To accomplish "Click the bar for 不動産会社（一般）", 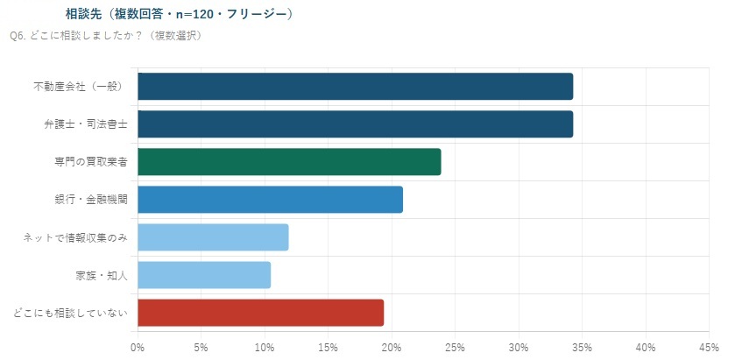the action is pos(356,86).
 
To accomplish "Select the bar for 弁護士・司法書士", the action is pos(356,124).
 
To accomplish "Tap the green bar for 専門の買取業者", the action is pos(289,162).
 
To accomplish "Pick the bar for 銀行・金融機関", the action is pos(271,200).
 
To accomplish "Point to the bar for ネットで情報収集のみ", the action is pos(213,237).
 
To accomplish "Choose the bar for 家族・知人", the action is pos(204,275).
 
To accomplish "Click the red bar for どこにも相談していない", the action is pos(261,313).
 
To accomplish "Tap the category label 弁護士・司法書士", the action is pos(84,124).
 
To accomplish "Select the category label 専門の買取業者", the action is pos(91,162).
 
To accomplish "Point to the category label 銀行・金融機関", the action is pos(91,200).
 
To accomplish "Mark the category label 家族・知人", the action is pos(102,275).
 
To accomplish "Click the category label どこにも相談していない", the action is pos(70,313).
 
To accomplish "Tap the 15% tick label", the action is pos(329,348).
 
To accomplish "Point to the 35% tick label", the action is pos(583,348).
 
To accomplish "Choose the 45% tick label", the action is pos(710,348).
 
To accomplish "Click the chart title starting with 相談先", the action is pos(180,15).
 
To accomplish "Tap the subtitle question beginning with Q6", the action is pos(106,36).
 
